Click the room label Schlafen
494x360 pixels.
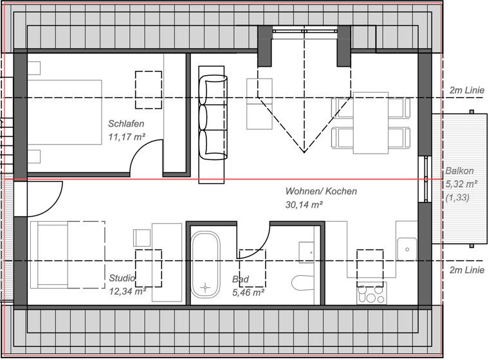125,123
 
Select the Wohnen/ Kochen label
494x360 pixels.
321,191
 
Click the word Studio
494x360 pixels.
122,278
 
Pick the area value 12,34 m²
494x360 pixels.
127,292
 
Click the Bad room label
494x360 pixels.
239,280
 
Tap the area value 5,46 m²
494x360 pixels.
249,292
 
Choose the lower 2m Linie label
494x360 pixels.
466,270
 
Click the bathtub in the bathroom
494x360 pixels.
205,264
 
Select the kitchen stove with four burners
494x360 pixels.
370,293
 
